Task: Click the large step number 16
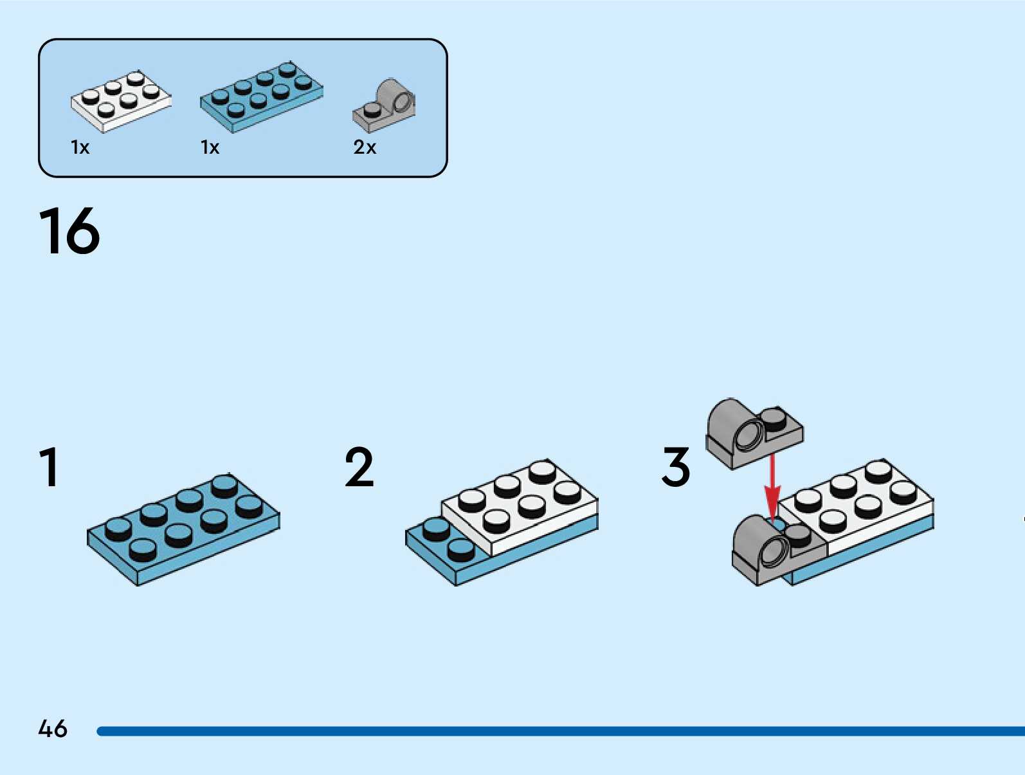coord(69,231)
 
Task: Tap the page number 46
coord(53,728)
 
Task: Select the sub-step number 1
coord(50,467)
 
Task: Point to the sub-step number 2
coord(359,467)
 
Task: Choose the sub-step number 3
coord(676,467)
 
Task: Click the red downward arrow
coord(772,489)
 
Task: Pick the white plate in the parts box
coord(121,102)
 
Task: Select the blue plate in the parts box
coord(262,97)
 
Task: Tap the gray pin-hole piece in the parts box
coord(384,105)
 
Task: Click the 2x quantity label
coord(365,147)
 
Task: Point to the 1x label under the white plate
coord(80,147)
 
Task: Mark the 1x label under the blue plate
coord(210,147)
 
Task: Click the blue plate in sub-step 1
coord(183,529)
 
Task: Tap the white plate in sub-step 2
coord(520,507)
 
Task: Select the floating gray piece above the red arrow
coord(754,433)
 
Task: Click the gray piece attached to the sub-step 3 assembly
coord(779,551)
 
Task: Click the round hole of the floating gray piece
coord(750,434)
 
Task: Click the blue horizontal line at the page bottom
coord(560,731)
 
